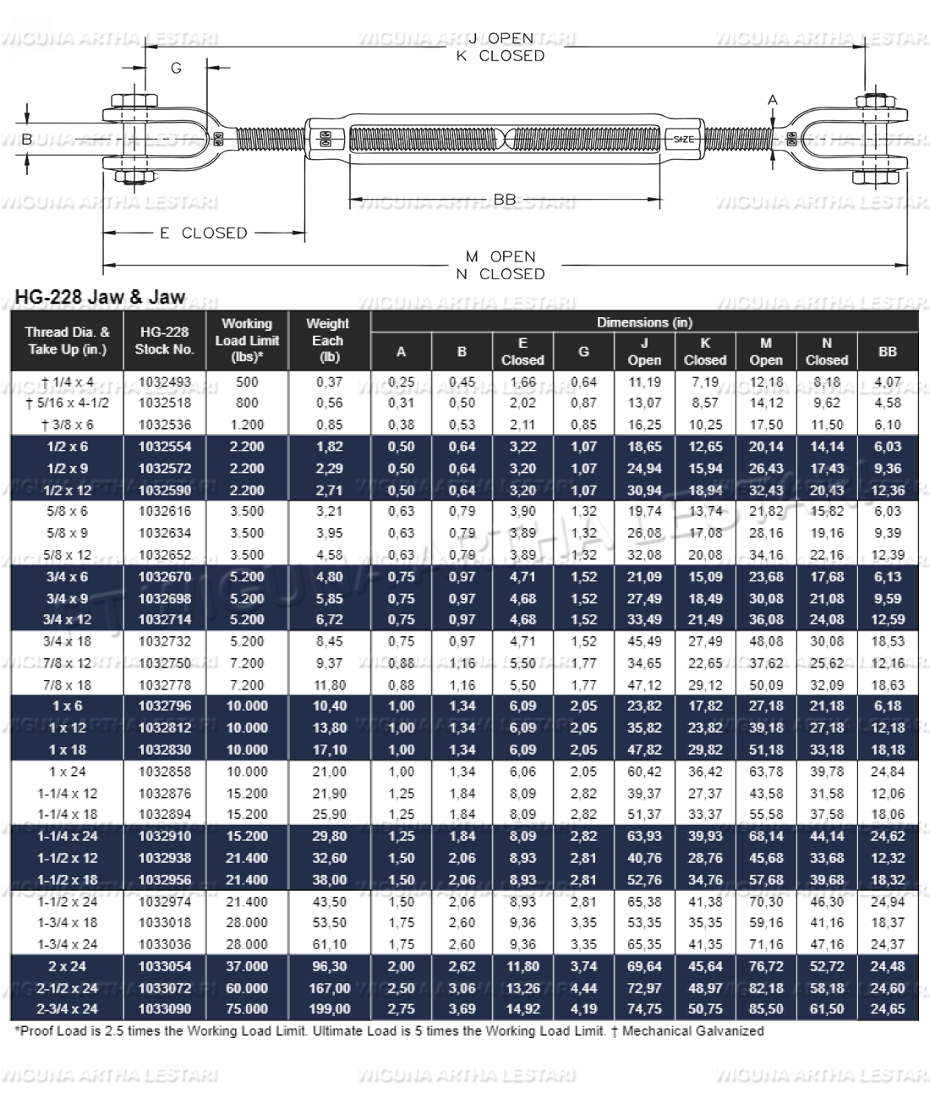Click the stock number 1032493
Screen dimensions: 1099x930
coord(164,382)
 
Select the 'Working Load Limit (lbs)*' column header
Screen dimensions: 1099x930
coord(247,340)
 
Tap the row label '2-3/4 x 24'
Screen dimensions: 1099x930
coord(67,1008)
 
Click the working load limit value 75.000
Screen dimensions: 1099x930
coord(247,1008)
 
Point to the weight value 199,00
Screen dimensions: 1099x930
coord(329,1008)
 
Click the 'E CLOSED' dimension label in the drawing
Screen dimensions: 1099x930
coord(203,233)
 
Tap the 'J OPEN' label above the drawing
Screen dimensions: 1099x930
coord(501,38)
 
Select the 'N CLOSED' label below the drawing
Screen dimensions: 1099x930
coord(501,274)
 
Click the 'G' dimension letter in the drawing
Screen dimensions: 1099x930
coord(176,68)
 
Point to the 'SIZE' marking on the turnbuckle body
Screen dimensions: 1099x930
coord(683,140)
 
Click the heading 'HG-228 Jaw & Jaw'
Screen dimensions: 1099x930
coord(100,297)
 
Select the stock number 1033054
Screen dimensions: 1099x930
coord(164,966)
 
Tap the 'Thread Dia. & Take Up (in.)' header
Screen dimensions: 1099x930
coord(67,340)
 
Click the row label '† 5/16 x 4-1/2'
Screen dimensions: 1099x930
coord(67,403)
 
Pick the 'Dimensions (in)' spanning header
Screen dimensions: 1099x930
coord(644,322)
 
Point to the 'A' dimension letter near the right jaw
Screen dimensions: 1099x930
coord(772,100)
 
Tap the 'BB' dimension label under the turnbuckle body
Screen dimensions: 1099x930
coord(504,200)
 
